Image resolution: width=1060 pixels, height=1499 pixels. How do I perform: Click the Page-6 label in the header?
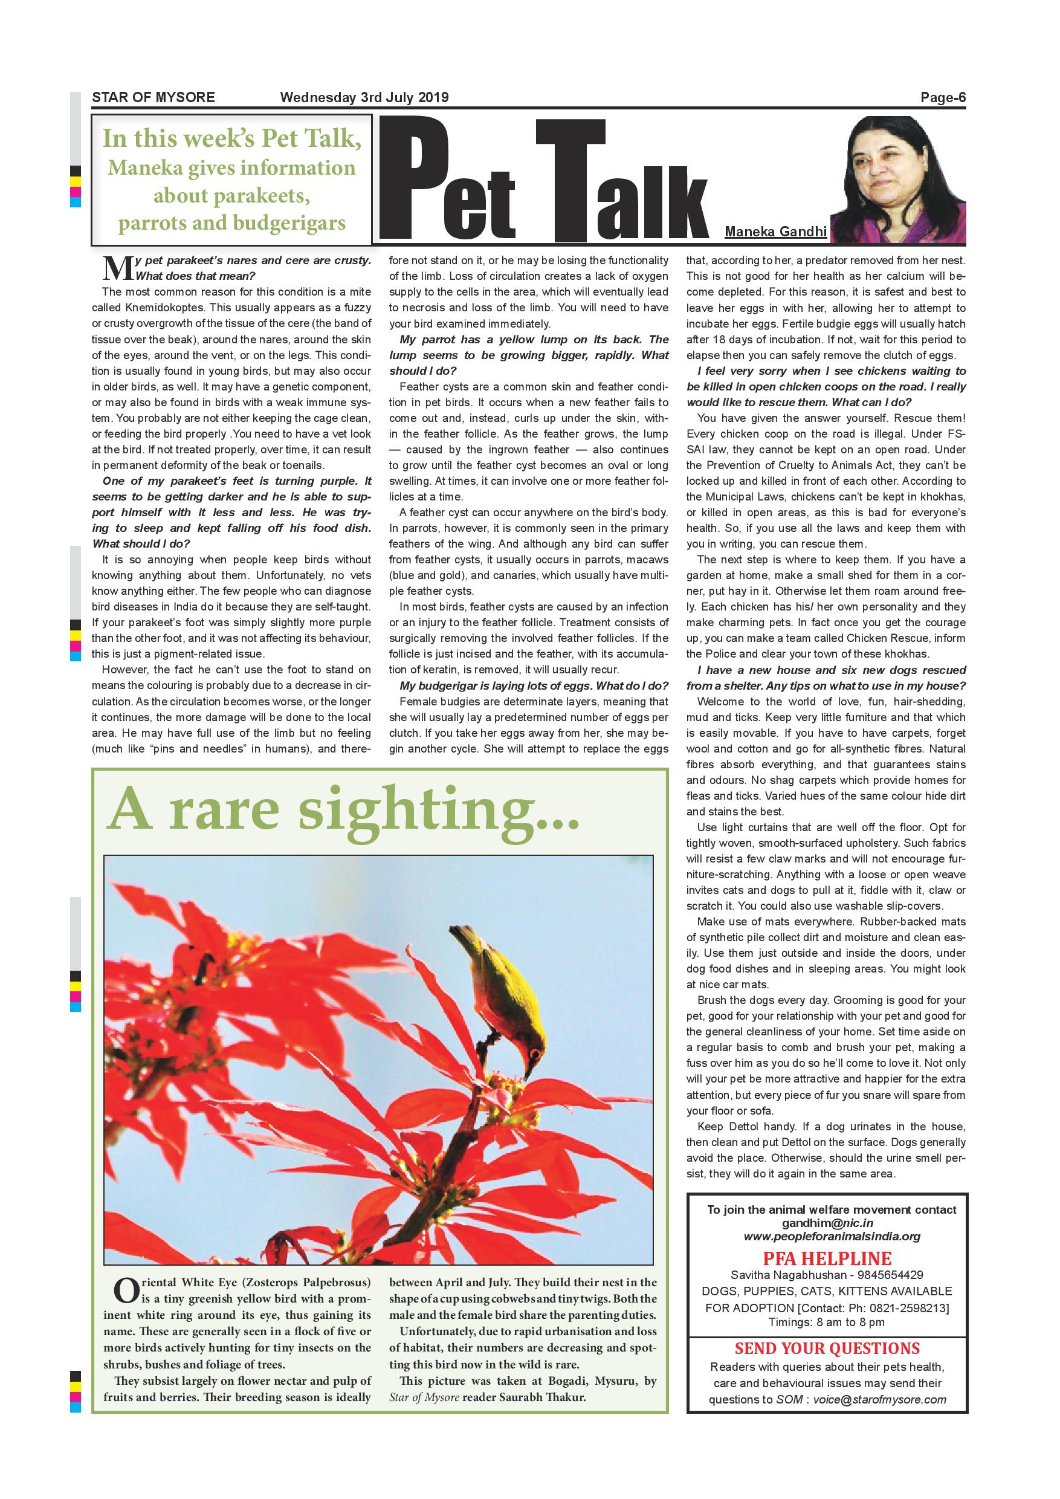(x=943, y=98)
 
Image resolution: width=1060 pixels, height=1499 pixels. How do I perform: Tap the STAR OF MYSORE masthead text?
(x=154, y=98)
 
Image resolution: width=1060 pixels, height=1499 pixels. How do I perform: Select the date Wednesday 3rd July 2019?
(x=364, y=98)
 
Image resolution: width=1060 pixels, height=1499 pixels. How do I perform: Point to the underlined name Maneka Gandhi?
(x=775, y=231)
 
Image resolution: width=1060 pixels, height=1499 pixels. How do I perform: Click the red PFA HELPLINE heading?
(x=827, y=1259)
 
